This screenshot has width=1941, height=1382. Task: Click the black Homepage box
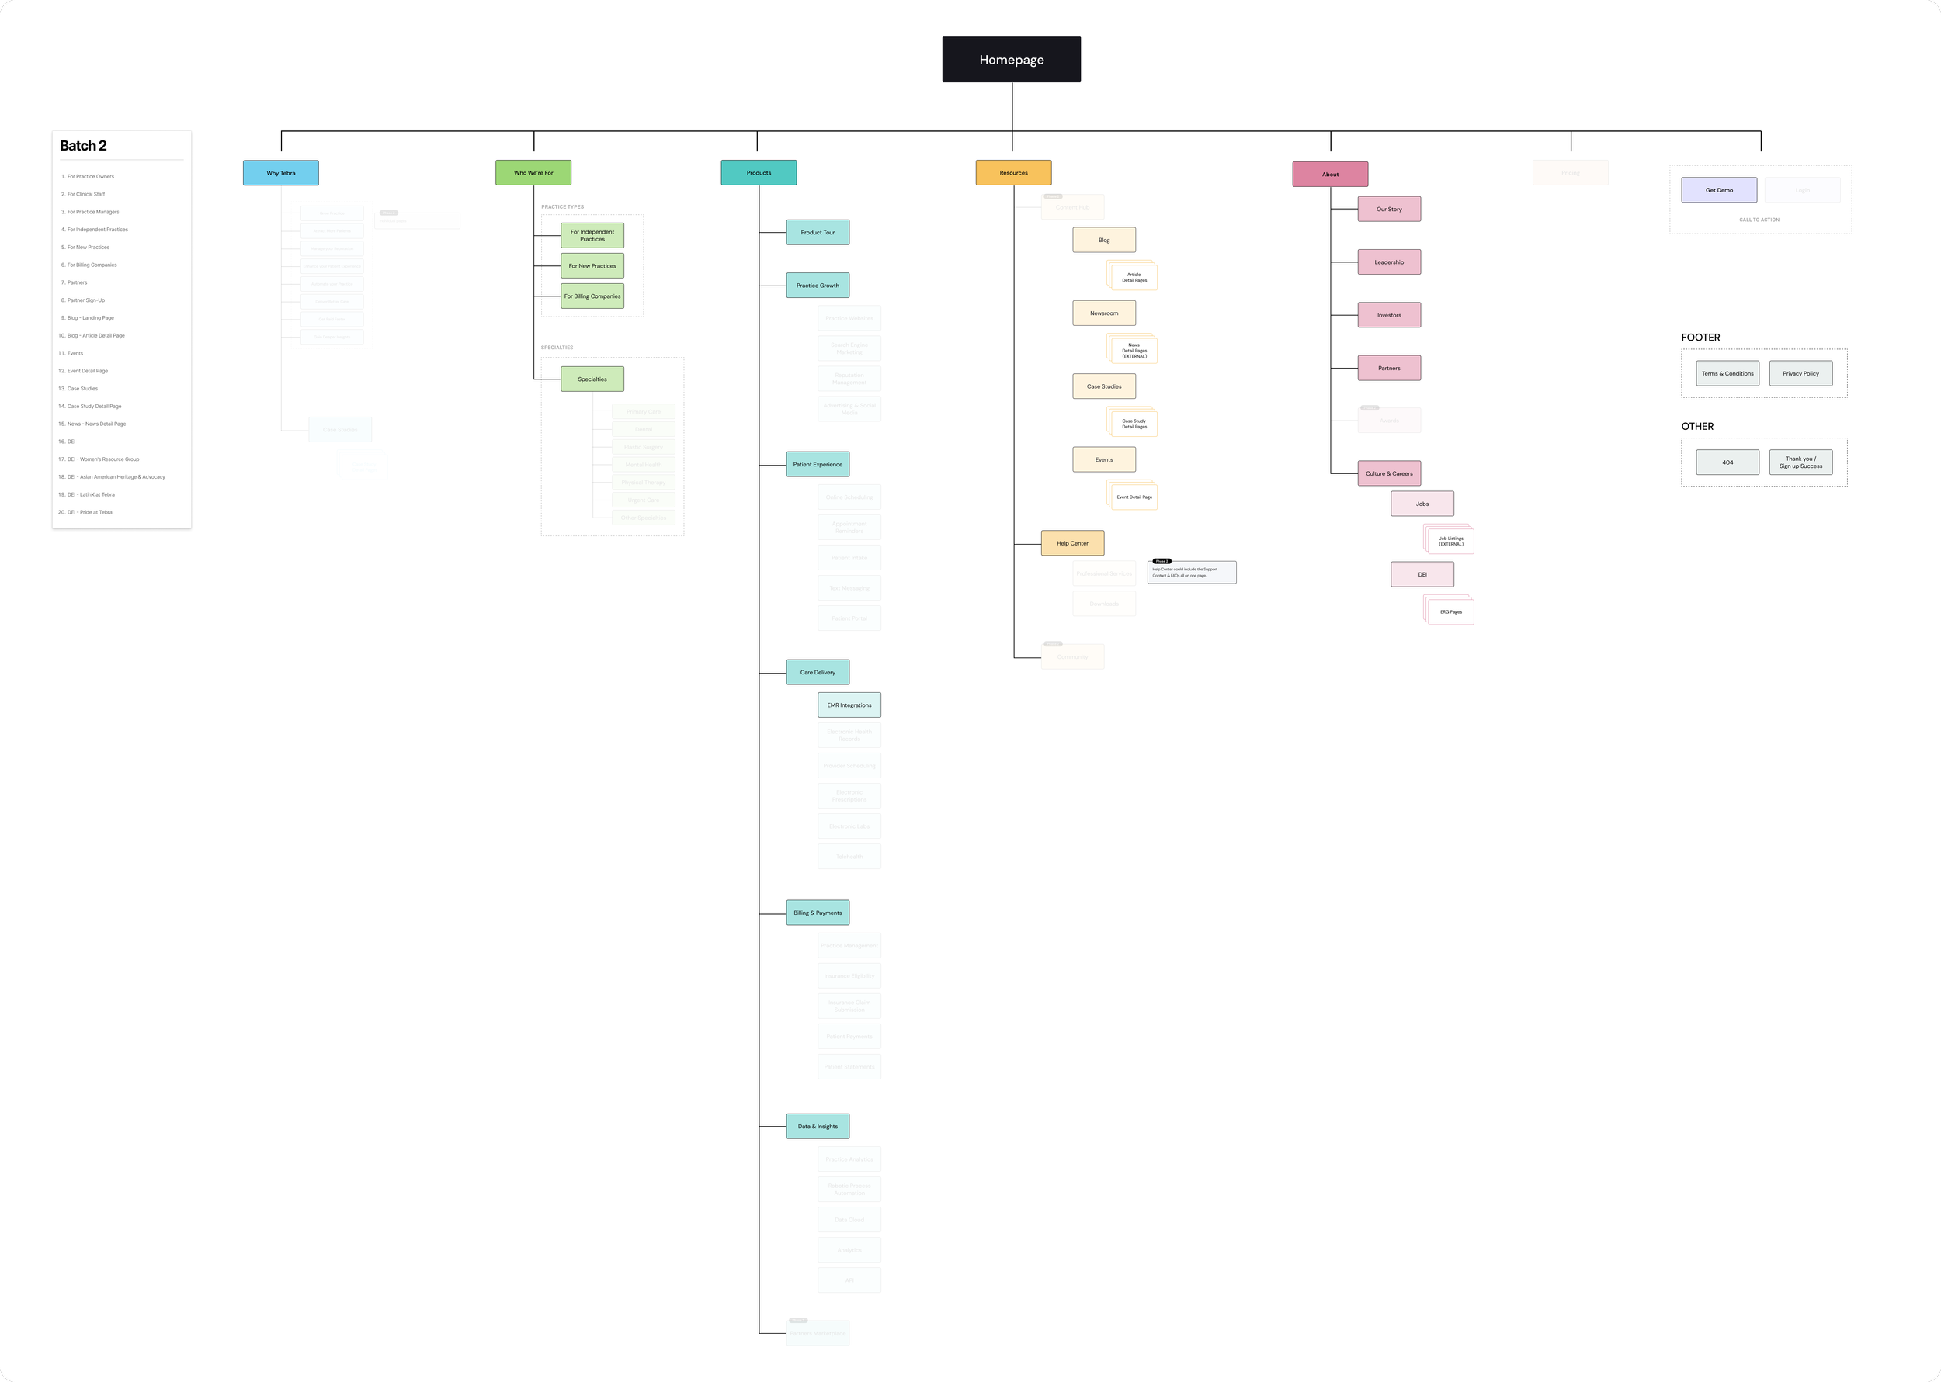tap(1012, 60)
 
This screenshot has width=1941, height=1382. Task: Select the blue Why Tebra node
tap(281, 173)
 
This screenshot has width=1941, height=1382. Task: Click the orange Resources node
tap(1013, 173)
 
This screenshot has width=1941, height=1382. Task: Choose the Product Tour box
tap(818, 232)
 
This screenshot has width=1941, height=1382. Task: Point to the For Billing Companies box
tap(592, 296)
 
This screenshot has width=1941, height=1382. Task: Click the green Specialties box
tap(592, 379)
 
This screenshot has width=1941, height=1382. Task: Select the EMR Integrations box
tap(849, 705)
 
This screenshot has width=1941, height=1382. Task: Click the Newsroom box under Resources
tap(1103, 313)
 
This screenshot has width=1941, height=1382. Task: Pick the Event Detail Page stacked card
tap(1134, 497)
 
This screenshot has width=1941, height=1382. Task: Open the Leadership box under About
tap(1388, 262)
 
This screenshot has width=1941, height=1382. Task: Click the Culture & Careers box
tap(1388, 474)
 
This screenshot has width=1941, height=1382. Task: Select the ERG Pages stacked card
tap(1450, 612)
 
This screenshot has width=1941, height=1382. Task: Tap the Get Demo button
tap(1719, 191)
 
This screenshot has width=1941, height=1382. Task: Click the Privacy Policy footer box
tap(1800, 373)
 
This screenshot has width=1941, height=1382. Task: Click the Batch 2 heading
tap(83, 147)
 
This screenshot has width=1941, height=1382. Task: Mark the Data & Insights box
tap(818, 1127)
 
